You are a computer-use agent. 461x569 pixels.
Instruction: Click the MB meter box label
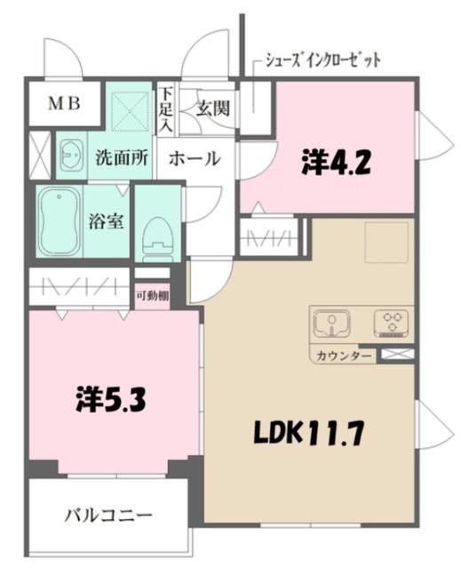[x=65, y=104]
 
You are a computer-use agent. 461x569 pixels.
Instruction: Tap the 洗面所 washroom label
[x=122, y=158]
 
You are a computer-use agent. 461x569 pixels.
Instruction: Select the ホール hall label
[x=195, y=158]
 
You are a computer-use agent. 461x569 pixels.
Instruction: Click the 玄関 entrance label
[x=213, y=108]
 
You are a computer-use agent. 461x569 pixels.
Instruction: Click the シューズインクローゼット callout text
[x=323, y=60]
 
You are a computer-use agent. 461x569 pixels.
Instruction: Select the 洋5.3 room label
[x=111, y=400]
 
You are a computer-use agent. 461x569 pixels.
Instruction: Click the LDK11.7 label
[x=309, y=433]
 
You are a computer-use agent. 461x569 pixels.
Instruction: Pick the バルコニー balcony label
[x=108, y=516]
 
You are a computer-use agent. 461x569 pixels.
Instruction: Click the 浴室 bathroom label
[x=107, y=221]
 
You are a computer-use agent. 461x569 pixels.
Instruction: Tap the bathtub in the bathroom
[x=60, y=221]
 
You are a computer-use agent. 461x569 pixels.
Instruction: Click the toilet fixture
[x=157, y=239]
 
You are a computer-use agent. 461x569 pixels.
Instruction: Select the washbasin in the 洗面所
[x=71, y=156]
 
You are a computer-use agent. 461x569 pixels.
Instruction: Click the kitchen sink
[x=331, y=323]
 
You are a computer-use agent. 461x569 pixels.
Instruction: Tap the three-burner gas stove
[x=392, y=323]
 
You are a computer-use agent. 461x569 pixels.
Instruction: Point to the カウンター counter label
[x=344, y=356]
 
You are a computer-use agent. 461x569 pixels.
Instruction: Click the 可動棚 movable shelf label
[x=152, y=296]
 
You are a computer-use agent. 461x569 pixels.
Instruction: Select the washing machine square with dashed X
[x=131, y=110]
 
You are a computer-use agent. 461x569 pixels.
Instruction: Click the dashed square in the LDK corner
[x=386, y=241]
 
